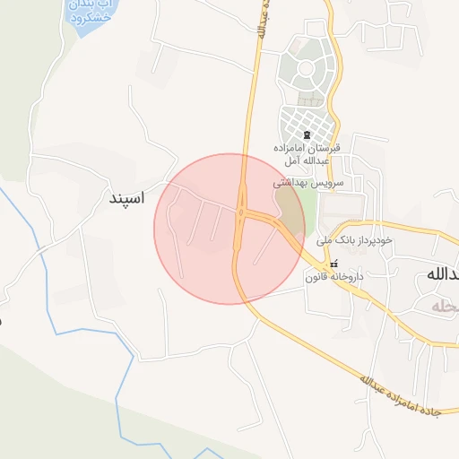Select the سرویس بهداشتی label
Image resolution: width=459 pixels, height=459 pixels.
[x=300, y=181]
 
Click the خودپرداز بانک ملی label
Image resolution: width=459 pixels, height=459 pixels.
[x=356, y=240]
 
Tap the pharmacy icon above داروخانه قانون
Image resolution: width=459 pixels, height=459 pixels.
[x=334, y=264]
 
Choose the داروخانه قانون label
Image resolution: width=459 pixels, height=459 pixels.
[x=334, y=277]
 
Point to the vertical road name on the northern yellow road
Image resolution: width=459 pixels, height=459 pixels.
[x=261, y=20]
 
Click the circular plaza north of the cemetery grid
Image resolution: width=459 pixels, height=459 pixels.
[x=306, y=68]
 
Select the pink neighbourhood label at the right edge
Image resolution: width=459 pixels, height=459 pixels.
[x=444, y=307]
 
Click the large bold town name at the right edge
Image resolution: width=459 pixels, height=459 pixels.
[x=439, y=274]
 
